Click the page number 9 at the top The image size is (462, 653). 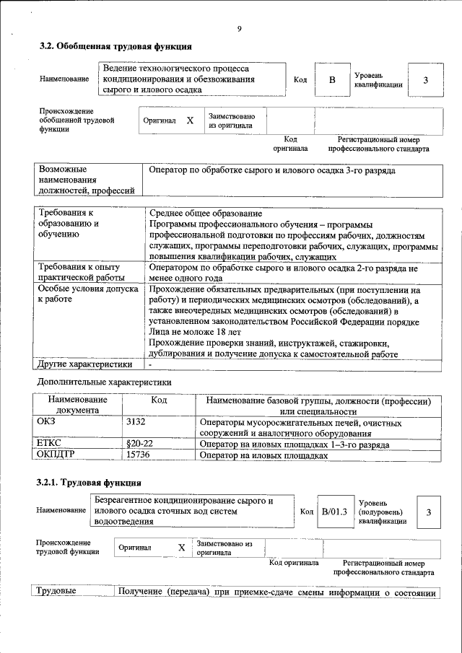238,28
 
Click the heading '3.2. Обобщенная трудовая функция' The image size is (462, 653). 115,47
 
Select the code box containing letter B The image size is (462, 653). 332,80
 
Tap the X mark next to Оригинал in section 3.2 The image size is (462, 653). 190,121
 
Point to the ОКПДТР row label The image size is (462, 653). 55,456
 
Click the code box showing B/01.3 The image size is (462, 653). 334,512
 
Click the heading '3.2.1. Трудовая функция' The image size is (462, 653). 90,482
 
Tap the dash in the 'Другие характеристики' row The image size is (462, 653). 150,365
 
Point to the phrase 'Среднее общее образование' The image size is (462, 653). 205,214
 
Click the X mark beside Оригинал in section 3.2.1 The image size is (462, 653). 182,548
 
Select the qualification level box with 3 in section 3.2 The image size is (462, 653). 426,80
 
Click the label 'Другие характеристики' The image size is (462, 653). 84,365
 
